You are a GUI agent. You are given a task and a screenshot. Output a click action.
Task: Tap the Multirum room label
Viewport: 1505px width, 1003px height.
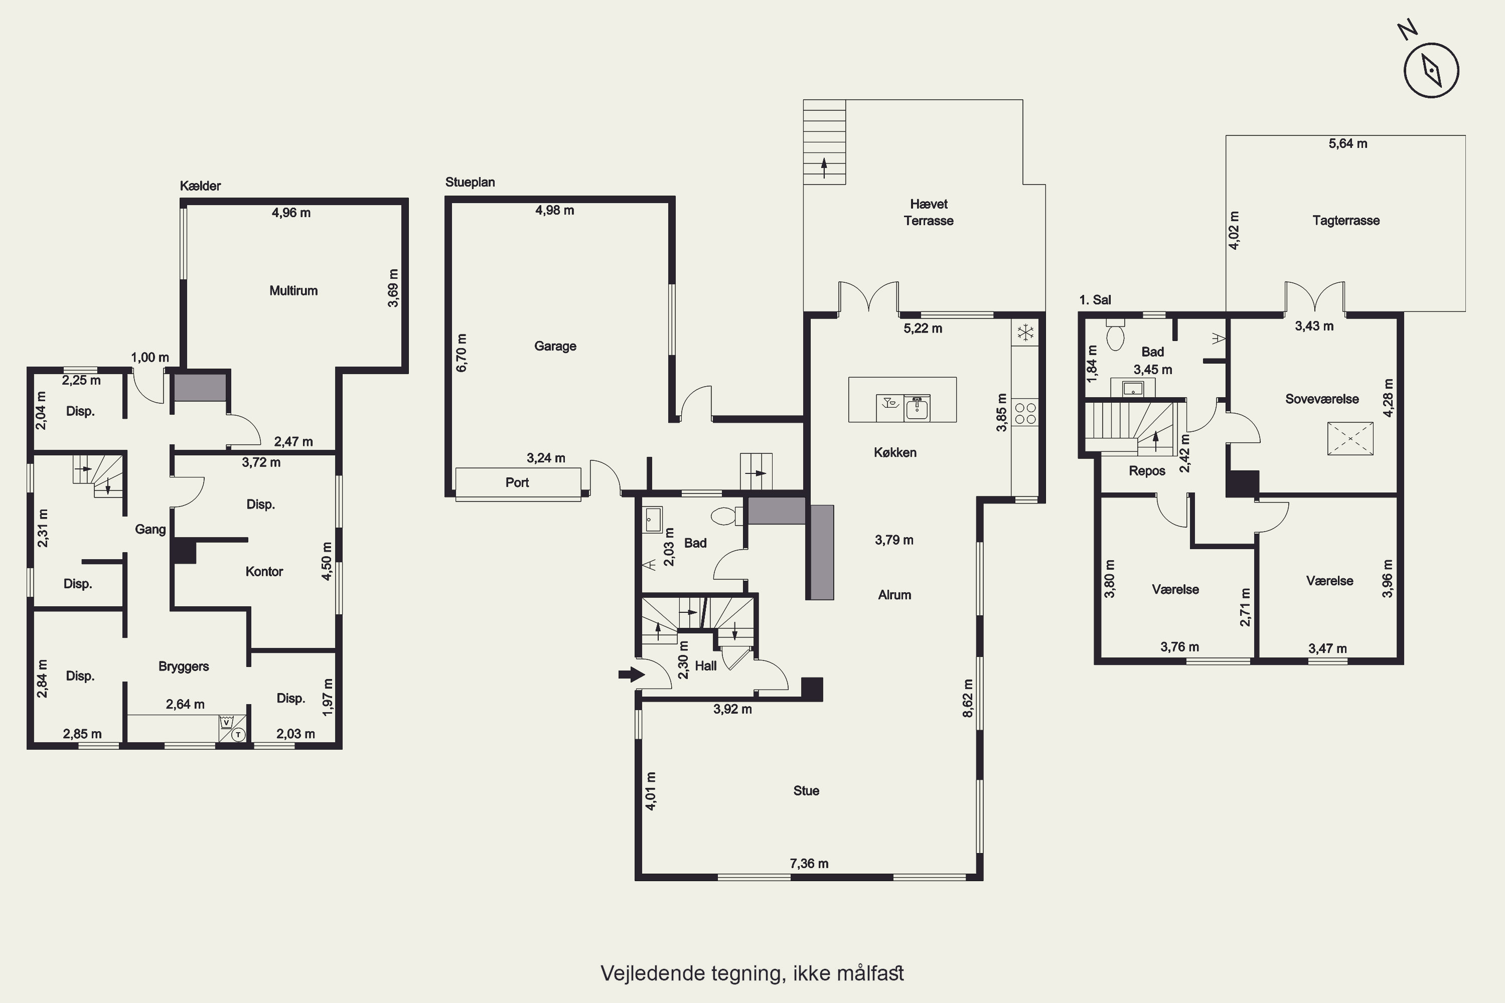pyautogui.click(x=293, y=290)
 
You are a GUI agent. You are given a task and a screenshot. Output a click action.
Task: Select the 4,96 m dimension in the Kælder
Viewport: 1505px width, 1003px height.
pyautogui.click(x=291, y=212)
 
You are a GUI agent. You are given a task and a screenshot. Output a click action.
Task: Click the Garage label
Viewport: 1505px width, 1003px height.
pyautogui.click(x=555, y=346)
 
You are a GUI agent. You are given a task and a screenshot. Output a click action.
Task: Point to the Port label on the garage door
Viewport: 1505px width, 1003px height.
pyautogui.click(x=517, y=482)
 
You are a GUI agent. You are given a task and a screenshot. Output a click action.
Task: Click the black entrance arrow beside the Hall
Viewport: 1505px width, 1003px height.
pyautogui.click(x=632, y=674)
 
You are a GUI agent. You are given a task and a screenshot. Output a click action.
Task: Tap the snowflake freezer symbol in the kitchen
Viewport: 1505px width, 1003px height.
pyautogui.click(x=1026, y=332)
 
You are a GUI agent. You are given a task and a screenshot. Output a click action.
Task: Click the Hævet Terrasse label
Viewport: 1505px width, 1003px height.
pyautogui.click(x=929, y=212)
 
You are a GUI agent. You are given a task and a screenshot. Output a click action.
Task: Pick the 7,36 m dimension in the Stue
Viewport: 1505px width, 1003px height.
pyautogui.click(x=809, y=863)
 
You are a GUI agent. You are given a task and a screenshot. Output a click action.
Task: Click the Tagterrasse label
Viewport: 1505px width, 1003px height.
pyautogui.click(x=1345, y=221)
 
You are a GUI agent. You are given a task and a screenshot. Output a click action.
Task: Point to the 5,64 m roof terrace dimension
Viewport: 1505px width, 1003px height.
pyautogui.click(x=1347, y=143)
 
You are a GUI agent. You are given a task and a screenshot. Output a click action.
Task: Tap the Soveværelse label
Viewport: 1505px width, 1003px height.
pyautogui.click(x=1322, y=399)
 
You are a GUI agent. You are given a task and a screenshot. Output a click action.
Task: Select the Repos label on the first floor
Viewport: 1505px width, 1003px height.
pyautogui.click(x=1147, y=471)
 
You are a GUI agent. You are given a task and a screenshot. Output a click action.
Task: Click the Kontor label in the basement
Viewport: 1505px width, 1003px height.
pyautogui.click(x=264, y=571)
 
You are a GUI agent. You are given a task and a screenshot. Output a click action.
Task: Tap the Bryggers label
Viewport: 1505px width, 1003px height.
pyautogui.click(x=184, y=666)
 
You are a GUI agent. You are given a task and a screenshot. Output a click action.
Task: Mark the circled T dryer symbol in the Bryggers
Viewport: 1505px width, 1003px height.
pyautogui.click(x=238, y=734)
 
